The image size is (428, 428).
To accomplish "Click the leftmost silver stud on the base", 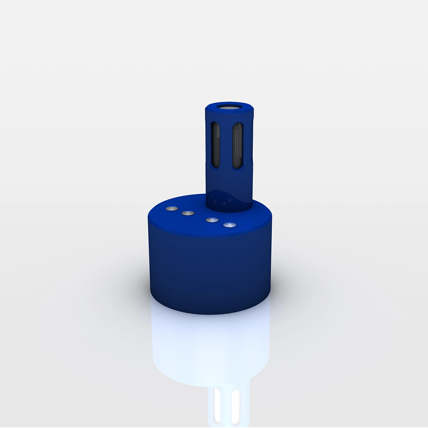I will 172,208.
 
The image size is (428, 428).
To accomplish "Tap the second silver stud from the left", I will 188,213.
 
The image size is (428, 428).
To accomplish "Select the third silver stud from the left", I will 212,220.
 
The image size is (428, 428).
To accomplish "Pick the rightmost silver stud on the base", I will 229,225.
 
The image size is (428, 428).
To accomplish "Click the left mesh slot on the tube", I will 216,145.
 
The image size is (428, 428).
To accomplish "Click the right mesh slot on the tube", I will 237,145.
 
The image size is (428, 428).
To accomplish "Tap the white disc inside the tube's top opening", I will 229,107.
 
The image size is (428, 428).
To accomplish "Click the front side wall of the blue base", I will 210,273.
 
